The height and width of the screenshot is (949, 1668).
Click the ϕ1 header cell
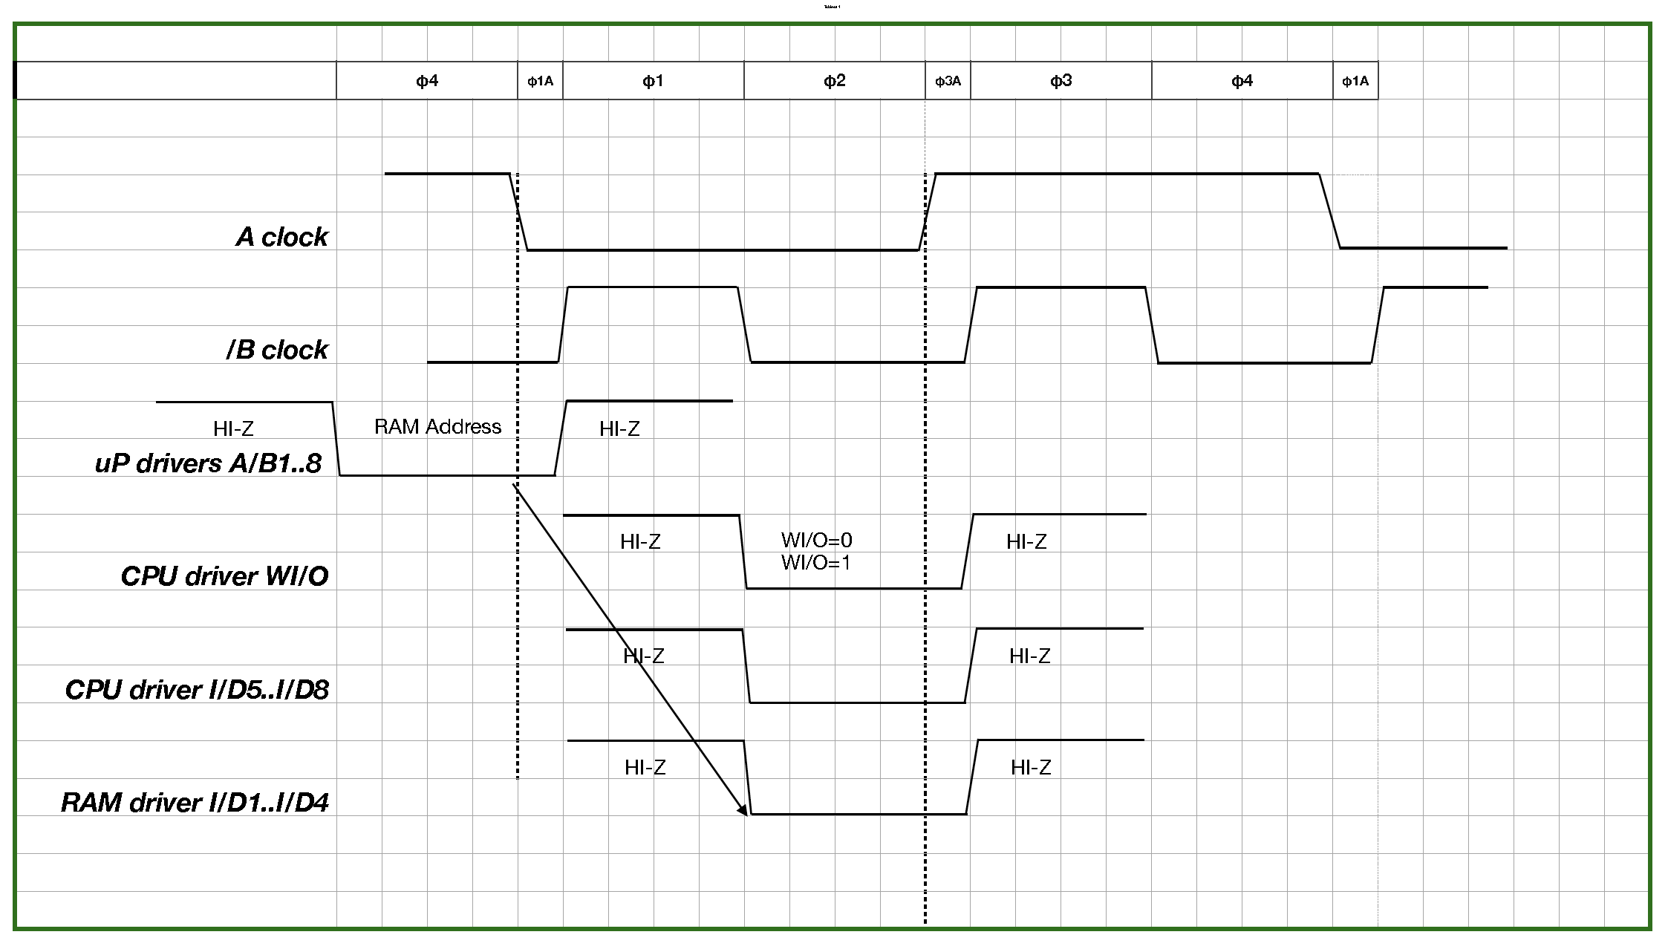pyautogui.click(x=653, y=81)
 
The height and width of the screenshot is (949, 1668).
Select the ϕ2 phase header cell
pyautogui.click(x=835, y=81)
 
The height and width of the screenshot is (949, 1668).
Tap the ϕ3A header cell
pyautogui.click(x=948, y=81)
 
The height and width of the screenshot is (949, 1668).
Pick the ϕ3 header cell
pyautogui.click(x=1061, y=81)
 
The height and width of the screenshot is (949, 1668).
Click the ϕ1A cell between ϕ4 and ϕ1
pyautogui.click(x=540, y=81)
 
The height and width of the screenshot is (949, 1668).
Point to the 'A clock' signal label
pyautogui.click(x=282, y=237)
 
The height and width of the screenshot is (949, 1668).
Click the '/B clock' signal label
pyautogui.click(x=277, y=350)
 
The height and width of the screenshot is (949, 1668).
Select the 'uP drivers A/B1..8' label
pyautogui.click(x=209, y=463)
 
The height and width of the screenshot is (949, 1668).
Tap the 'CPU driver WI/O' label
pyautogui.click(x=224, y=576)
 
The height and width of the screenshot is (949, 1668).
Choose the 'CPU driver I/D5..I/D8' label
pyautogui.click(x=197, y=690)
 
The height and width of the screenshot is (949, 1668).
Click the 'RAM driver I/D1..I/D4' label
pyautogui.click(x=195, y=803)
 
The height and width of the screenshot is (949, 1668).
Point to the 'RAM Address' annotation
pyautogui.click(x=437, y=427)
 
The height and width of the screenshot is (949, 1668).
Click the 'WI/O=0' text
pyautogui.click(x=816, y=540)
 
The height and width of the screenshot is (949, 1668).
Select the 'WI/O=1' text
pyautogui.click(x=815, y=563)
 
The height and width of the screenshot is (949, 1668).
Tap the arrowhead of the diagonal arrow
pyautogui.click(x=743, y=812)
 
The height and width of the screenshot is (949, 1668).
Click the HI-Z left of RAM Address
pyautogui.click(x=233, y=428)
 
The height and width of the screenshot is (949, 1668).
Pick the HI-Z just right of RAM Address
pyautogui.click(x=619, y=428)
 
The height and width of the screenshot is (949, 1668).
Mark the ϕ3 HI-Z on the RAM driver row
pyautogui.click(x=1031, y=767)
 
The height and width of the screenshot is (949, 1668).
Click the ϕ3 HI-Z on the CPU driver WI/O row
pyautogui.click(x=1026, y=541)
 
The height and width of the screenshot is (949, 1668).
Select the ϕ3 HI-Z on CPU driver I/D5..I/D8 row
pyautogui.click(x=1029, y=656)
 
